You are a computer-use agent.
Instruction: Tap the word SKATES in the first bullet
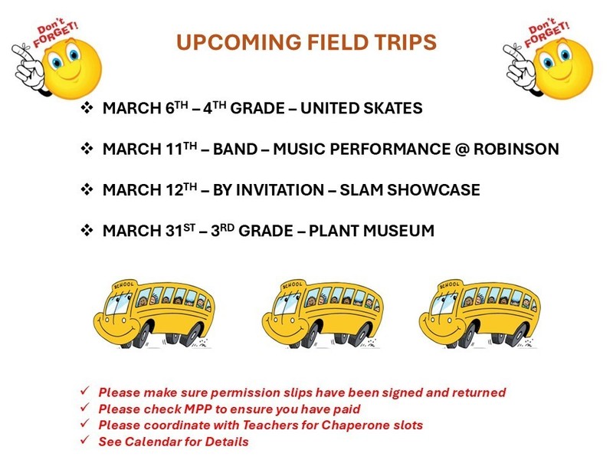392,109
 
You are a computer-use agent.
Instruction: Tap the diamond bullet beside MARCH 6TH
87,109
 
